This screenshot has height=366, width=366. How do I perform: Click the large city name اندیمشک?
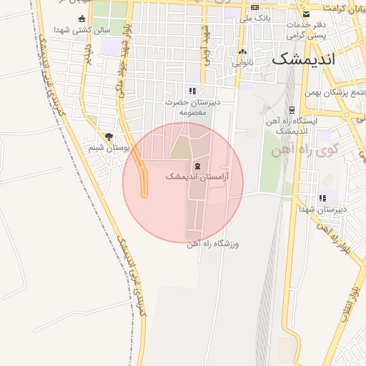302,59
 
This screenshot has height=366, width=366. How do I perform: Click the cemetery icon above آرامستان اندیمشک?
197,166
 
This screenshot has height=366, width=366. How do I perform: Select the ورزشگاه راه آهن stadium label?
213,244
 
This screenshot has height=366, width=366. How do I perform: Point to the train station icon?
292,109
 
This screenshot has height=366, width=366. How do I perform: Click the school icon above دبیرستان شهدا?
323,198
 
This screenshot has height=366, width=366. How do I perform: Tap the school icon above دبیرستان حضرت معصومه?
192,91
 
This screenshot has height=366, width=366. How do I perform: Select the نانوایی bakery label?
242,62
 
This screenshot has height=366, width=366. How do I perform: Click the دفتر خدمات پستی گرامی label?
307,29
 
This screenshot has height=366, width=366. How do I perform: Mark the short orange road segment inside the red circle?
144,182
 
